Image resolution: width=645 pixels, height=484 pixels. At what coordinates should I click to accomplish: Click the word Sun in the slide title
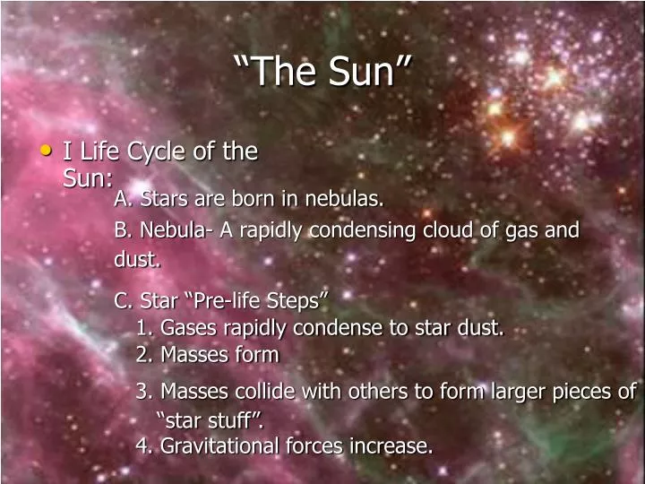(367, 72)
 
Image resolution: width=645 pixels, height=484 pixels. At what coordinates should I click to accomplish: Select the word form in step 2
(260, 355)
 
